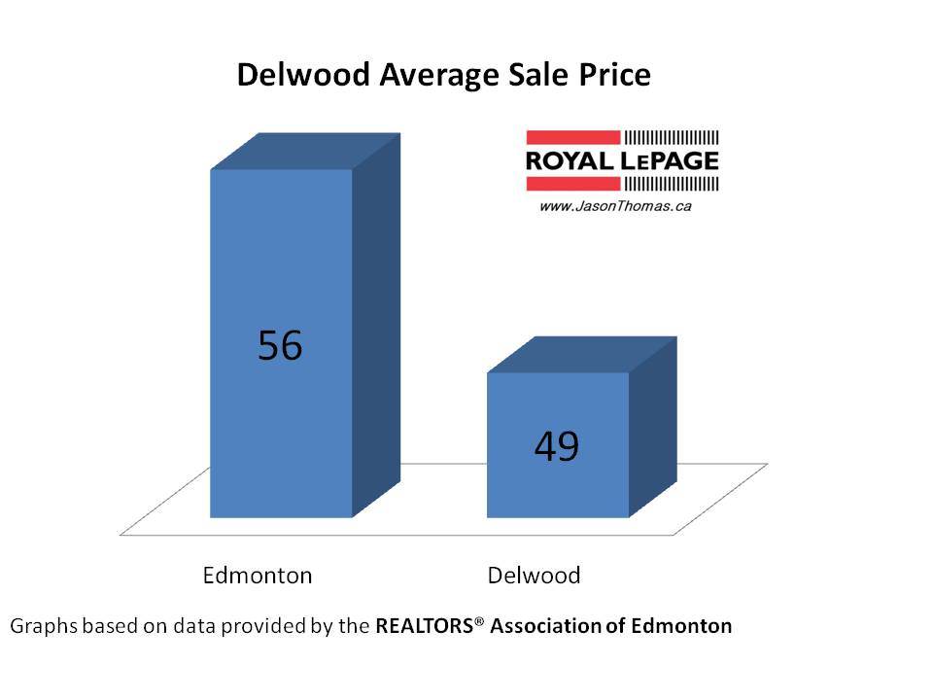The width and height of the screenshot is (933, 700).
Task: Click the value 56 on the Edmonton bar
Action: click(280, 346)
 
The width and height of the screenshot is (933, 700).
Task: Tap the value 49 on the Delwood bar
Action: click(557, 446)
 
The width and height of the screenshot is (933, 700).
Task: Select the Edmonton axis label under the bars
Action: click(258, 575)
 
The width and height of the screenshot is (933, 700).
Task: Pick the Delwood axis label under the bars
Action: click(534, 575)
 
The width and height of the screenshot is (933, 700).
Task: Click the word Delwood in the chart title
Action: click(297, 76)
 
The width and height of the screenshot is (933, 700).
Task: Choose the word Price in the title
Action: click(610, 76)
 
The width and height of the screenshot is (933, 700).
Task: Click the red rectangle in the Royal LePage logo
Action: click(572, 137)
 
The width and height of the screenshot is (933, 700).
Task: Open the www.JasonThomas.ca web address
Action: click(615, 206)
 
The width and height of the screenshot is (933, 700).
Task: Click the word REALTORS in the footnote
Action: click(425, 626)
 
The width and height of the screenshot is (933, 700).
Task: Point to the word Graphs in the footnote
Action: click(41, 626)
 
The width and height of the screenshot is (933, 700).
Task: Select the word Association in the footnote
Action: click(545, 626)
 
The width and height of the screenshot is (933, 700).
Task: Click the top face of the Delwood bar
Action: click(580, 355)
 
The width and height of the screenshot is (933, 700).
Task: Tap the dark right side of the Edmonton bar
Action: click(375, 331)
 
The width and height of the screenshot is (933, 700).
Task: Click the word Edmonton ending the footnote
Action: click(681, 626)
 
